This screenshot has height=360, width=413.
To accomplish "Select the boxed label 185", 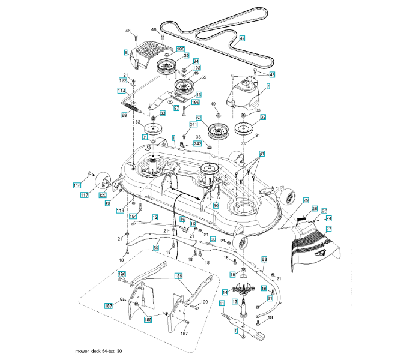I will coord(180,49).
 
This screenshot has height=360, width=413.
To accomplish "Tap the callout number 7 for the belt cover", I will coord(268,86).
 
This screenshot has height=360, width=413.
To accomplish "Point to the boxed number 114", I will coord(121,91).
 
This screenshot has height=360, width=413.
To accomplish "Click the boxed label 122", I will coord(123,80).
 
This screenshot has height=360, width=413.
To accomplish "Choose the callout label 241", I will coord(193,125).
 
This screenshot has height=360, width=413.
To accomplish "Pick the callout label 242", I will coord(197,144).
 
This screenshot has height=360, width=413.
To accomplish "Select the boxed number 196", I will coord(195,103).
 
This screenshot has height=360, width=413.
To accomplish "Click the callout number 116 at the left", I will coord(77,186).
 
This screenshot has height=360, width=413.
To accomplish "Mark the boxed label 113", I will coord(120,211).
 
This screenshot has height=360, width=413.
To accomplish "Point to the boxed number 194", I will coord(133,216).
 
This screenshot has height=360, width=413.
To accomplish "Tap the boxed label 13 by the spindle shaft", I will coord(235,301).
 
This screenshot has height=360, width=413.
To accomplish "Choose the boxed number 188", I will coord(148,319).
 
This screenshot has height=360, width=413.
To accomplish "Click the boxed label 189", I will coord(178,276).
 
